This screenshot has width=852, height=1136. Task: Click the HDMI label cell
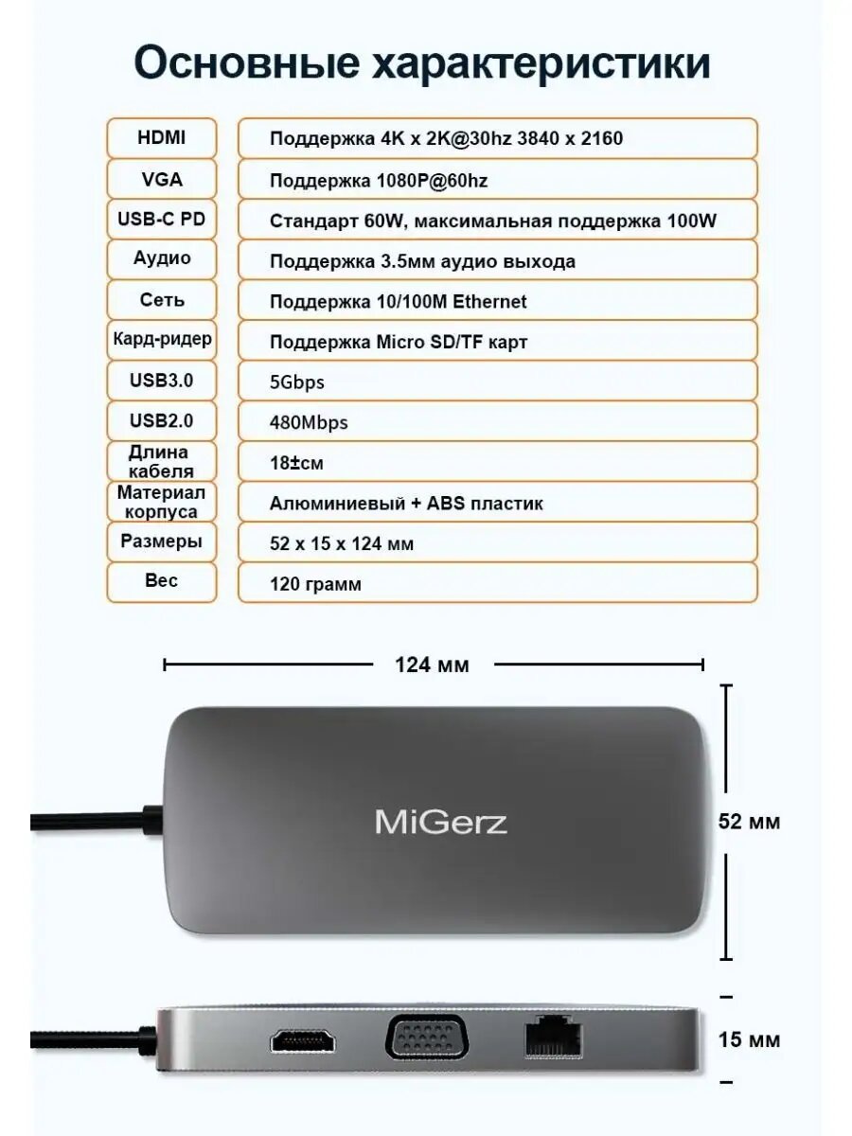[162, 138]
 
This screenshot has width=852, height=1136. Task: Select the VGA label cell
[162, 179]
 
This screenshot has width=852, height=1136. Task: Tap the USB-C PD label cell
[162, 220]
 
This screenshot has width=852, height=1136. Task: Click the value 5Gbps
[297, 382]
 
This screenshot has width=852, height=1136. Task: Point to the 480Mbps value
[309, 422]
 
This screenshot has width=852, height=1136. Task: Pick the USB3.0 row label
[162, 381]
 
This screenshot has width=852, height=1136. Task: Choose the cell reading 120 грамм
[315, 584]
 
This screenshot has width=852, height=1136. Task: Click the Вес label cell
[162, 580]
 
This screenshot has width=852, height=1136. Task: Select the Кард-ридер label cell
[162, 339]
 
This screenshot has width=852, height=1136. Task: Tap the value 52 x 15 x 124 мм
[342, 543]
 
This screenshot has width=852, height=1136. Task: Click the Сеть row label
[162, 300]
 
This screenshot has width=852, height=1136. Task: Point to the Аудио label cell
[162, 258]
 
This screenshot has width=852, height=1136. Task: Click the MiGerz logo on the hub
[441, 822]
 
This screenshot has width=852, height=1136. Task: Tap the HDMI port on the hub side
[303, 1042]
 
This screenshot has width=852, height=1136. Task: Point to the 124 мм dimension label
[432, 665]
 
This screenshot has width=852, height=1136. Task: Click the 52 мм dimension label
[750, 822]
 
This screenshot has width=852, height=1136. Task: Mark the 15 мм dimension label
[750, 1040]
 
